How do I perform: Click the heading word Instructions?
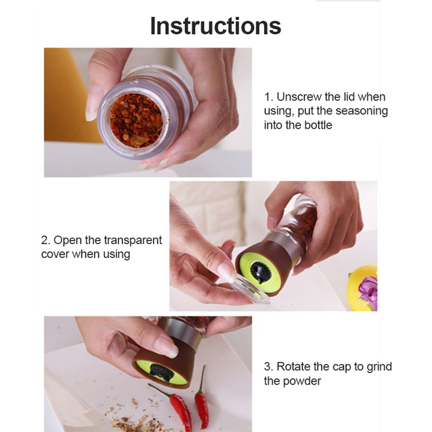pyautogui.click(x=215, y=26)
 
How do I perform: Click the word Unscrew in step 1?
pyautogui.click(x=299, y=97)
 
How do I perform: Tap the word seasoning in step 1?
pyautogui.click(x=361, y=111)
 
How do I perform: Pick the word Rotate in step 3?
pyautogui.click(x=293, y=367)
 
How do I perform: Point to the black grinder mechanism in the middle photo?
pyautogui.click(x=261, y=272)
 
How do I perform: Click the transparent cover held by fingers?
pyautogui.click(x=249, y=290)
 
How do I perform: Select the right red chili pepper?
pyautogui.click(x=201, y=397)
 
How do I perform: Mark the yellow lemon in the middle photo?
pyautogui.click(x=363, y=288)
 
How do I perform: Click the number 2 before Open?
pyautogui.click(x=45, y=240)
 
